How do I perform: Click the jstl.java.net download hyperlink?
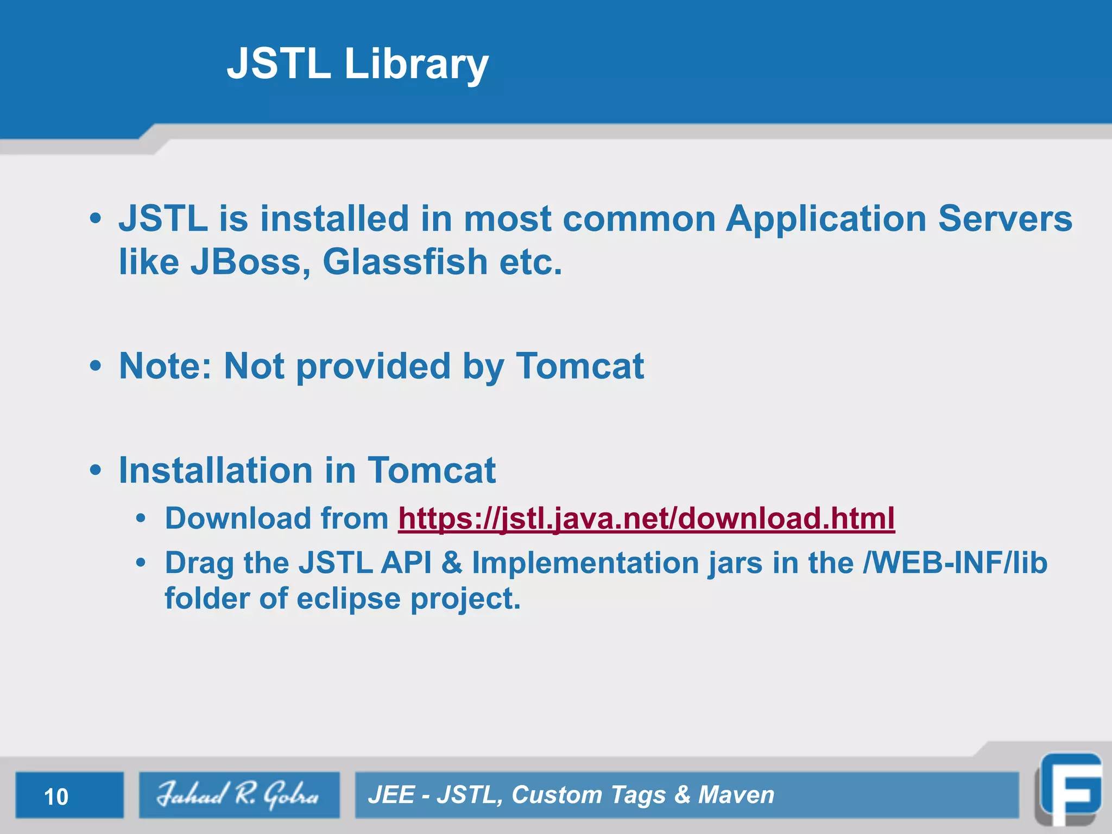[x=646, y=519]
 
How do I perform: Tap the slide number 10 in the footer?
[x=56, y=797]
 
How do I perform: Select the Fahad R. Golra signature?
[x=238, y=795]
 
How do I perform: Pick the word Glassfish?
[x=405, y=262]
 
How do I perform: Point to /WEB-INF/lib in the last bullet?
[x=955, y=563]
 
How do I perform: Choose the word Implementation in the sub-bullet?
[x=585, y=563]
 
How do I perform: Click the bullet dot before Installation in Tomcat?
[x=96, y=470]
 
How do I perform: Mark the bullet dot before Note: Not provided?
[x=96, y=366]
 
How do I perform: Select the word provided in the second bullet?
[x=374, y=367]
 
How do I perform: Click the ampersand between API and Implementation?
[x=451, y=563]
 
